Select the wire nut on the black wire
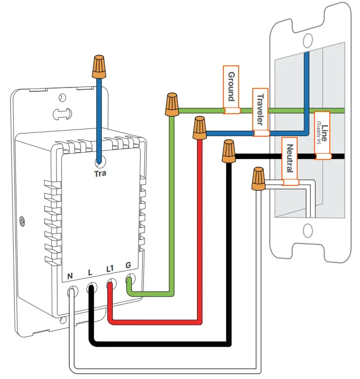point(229,151)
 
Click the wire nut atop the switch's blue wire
point(99,66)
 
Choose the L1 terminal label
point(109,269)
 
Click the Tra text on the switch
point(100,174)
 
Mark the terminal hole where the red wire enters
point(111,285)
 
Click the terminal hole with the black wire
point(91,287)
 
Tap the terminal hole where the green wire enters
point(130,282)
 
